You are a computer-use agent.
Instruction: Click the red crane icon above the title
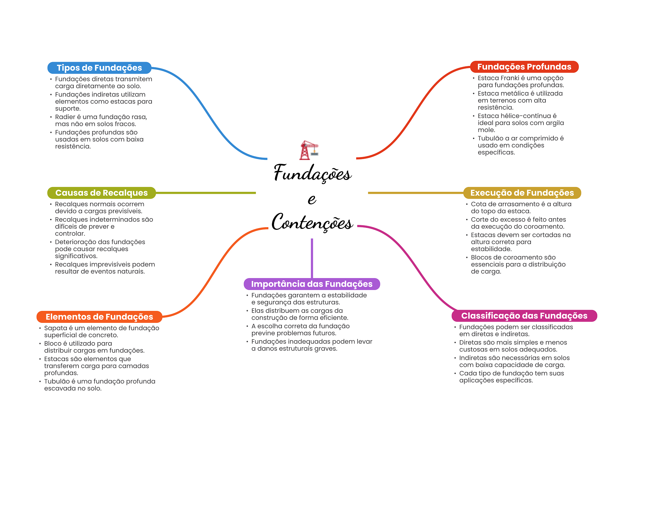[x=309, y=150]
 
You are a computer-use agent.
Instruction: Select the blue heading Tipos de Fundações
[x=99, y=68]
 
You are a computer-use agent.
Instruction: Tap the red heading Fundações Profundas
[x=524, y=67]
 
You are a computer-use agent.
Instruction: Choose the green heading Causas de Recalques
[x=101, y=193]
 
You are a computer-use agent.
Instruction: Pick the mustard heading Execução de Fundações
[x=522, y=193]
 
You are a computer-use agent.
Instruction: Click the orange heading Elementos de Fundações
[x=99, y=317]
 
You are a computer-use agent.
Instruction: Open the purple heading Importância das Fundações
[x=312, y=284]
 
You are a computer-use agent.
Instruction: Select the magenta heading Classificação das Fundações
[x=524, y=316]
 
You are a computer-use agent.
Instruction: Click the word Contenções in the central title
[x=312, y=222]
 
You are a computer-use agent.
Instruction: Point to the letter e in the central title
[x=312, y=199]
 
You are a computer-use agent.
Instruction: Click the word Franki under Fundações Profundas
[x=509, y=78]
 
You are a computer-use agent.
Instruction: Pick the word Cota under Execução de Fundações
[x=478, y=204]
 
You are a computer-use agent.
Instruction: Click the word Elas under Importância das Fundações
[x=257, y=311]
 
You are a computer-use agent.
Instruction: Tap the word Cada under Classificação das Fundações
[x=467, y=373]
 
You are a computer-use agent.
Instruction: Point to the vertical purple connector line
[x=312, y=258]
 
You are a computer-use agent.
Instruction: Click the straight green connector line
[x=206, y=193]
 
